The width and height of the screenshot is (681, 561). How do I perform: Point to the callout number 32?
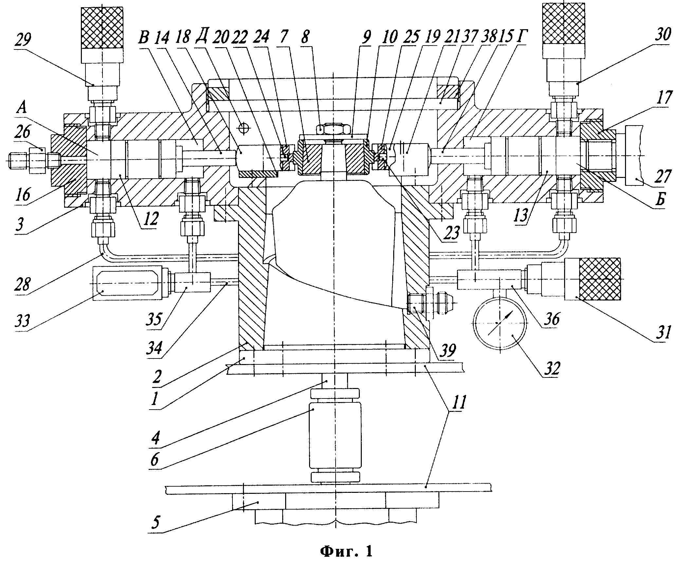click(550, 369)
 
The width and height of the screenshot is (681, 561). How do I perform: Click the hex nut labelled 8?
click(333, 130)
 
